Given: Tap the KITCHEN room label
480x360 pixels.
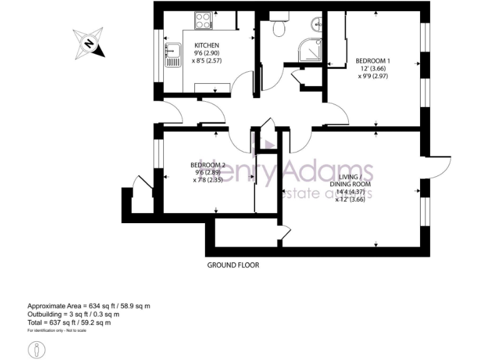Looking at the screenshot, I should (206, 46).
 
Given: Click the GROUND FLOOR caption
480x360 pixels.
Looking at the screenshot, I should (233, 265).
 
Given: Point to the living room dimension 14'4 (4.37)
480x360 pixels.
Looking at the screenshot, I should (350, 192).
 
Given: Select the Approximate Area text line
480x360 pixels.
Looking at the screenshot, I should (89, 306).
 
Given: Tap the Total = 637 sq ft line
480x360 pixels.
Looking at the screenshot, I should (69, 322).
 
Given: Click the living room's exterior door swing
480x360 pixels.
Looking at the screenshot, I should (441, 166).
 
